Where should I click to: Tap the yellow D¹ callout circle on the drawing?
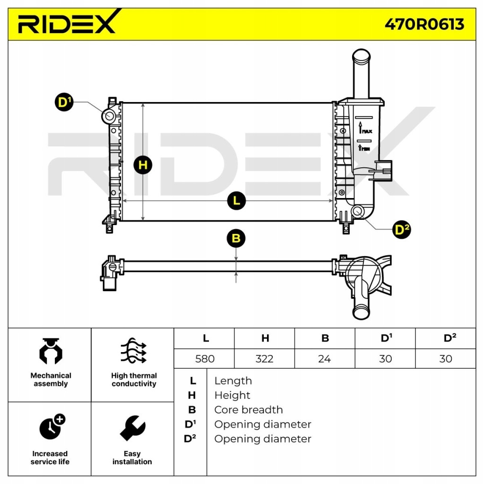click(x=64, y=102)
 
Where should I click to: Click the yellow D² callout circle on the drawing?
click(x=402, y=230)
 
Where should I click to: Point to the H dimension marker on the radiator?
click(x=143, y=165)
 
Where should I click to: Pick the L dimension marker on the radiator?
click(x=236, y=201)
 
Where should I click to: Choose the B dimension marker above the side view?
click(x=236, y=238)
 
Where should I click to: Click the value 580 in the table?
click(x=205, y=359)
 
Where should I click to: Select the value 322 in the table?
click(x=264, y=359)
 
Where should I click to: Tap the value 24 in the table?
click(x=324, y=359)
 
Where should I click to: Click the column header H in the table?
click(x=265, y=338)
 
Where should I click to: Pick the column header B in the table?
click(x=325, y=338)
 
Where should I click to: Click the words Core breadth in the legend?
click(x=248, y=410)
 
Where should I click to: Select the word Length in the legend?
click(x=233, y=381)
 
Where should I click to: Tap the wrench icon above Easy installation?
click(x=132, y=428)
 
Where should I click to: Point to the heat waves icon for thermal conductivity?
click(x=133, y=351)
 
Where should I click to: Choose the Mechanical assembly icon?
click(x=51, y=351)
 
